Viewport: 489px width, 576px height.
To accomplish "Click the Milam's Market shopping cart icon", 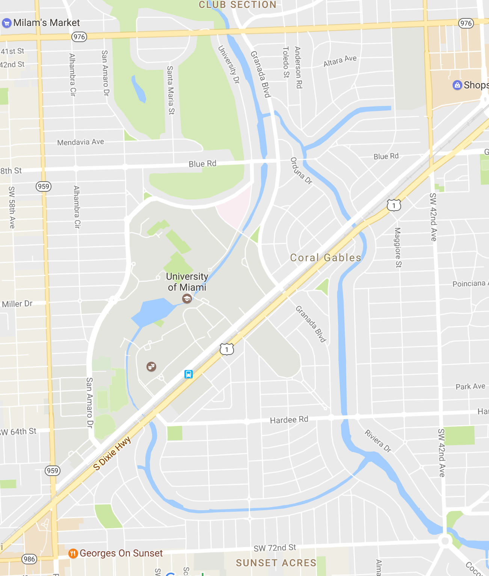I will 6,23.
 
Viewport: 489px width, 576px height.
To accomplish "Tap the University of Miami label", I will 187,282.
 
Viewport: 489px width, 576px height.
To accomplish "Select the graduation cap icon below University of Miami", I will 187,299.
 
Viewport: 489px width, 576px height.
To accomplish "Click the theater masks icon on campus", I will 151,366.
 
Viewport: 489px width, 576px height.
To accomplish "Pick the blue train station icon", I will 189,374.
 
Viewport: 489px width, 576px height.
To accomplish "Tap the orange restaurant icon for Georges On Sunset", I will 73,553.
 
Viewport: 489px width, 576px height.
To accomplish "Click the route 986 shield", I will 29,559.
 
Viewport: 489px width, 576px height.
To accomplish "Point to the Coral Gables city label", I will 326,258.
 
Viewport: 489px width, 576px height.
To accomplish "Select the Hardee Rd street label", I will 289,420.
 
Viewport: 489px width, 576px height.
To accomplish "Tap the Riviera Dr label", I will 378,441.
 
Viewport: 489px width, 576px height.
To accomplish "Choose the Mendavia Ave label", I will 80,142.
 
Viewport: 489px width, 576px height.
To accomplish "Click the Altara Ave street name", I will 340,61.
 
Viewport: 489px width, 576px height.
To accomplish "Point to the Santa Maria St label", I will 171,90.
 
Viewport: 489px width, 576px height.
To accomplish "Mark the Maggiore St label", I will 397,247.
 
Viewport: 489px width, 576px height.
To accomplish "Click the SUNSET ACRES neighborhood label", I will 276,563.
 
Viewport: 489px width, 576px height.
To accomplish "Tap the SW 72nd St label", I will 275,548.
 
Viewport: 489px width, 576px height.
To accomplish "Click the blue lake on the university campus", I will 152,312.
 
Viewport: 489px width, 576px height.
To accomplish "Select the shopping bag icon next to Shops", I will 457,85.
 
